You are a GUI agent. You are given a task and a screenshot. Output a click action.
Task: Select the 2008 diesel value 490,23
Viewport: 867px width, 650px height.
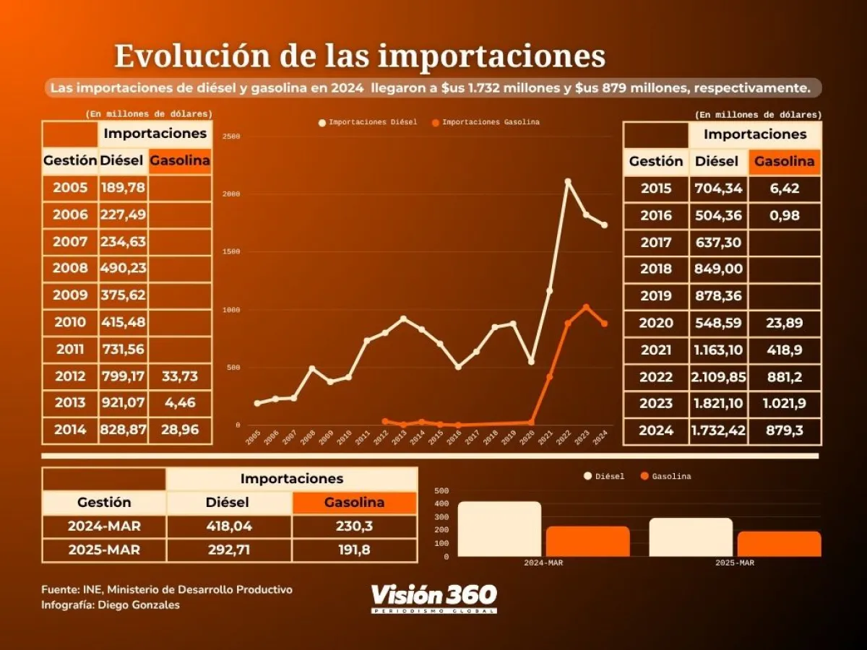(123, 268)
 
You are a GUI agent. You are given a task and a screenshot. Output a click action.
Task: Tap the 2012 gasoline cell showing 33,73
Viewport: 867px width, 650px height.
(180, 376)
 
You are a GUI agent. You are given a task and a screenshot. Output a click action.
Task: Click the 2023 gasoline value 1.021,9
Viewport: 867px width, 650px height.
(785, 404)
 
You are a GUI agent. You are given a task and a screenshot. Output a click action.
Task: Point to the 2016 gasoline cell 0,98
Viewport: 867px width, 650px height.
(785, 215)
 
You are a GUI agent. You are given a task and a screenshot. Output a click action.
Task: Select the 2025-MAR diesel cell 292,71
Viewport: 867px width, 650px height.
(229, 550)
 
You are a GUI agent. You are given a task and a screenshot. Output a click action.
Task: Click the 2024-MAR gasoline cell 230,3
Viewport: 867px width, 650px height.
(354, 526)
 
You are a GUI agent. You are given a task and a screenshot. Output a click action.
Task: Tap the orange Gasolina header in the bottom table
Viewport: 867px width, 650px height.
(354, 502)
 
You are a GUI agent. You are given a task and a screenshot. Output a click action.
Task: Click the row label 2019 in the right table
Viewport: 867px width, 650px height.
(656, 295)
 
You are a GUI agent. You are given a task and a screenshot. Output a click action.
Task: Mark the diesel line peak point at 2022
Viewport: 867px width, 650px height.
(568, 181)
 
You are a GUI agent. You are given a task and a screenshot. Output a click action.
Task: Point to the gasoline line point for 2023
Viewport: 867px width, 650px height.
(586, 307)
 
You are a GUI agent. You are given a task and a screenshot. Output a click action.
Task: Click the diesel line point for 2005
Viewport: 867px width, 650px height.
(257, 403)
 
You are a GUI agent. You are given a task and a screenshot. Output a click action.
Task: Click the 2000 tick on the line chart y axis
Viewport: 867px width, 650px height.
(231, 194)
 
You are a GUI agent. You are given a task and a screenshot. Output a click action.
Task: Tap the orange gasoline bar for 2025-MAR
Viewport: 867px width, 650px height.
(779, 544)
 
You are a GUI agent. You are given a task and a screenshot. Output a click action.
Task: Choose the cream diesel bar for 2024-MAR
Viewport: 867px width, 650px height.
(499, 529)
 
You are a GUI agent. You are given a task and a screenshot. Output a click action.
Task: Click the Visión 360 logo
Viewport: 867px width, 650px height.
(433, 598)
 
